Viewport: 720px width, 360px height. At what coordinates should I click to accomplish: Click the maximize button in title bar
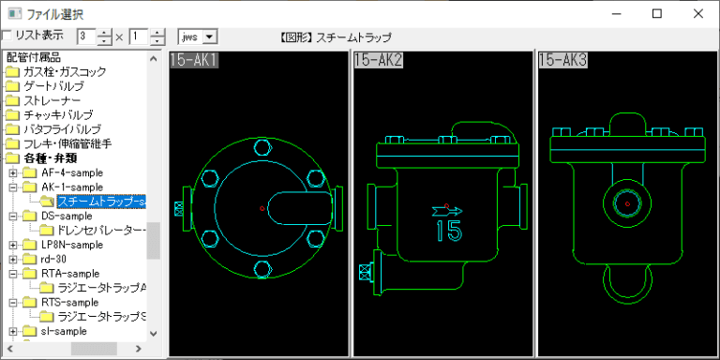coord(656,14)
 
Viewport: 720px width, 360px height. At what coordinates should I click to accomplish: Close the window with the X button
coord(698,14)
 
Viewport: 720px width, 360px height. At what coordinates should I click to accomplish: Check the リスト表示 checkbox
coord(7,36)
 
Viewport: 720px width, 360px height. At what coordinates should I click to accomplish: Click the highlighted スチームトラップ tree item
coord(101,202)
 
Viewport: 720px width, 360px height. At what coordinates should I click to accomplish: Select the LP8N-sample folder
coord(72,245)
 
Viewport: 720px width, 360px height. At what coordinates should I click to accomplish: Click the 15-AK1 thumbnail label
coord(194,61)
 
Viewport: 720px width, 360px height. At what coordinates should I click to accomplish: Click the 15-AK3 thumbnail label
coord(562,61)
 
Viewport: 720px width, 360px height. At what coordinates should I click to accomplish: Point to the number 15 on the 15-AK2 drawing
coord(448,231)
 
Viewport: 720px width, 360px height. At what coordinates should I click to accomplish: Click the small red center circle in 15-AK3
coord(628,202)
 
